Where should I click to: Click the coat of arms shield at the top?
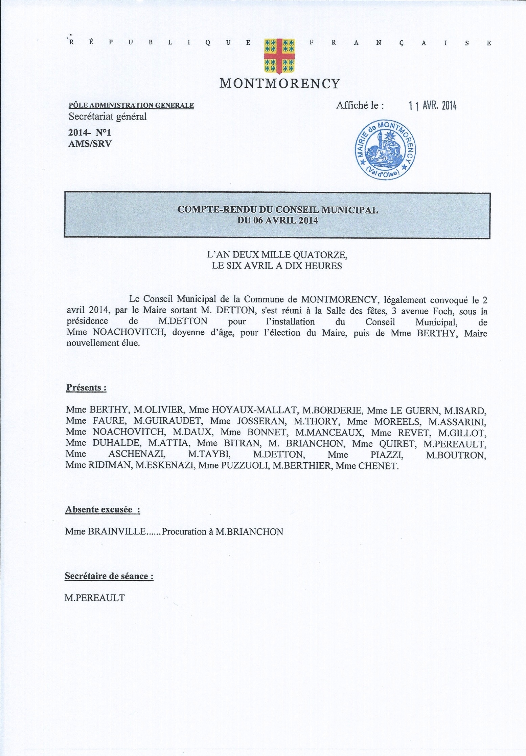coord(279,56)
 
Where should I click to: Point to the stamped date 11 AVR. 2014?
coord(432,106)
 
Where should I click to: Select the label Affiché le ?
coord(360,106)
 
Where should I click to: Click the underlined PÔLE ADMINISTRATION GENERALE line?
coord(131,106)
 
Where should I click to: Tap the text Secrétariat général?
coord(108,117)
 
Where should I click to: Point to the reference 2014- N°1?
coord(90,132)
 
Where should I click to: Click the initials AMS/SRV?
coord(90,144)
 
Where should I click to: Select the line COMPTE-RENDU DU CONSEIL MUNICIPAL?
coord(277,210)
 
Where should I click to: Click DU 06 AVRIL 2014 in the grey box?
coord(277,220)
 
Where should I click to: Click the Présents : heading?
coord(86,387)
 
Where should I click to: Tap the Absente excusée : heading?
coord(102,509)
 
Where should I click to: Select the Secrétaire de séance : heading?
coord(109,576)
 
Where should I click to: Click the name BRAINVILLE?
coord(117,531)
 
